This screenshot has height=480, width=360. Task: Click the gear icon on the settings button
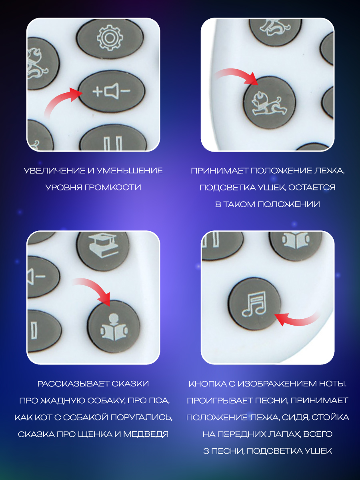109,38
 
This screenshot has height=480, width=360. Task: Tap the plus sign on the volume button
97,92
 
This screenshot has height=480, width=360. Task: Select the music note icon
254,304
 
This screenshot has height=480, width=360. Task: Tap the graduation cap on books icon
103,246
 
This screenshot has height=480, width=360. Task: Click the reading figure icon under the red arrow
114,327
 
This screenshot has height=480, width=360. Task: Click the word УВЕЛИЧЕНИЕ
55,171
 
